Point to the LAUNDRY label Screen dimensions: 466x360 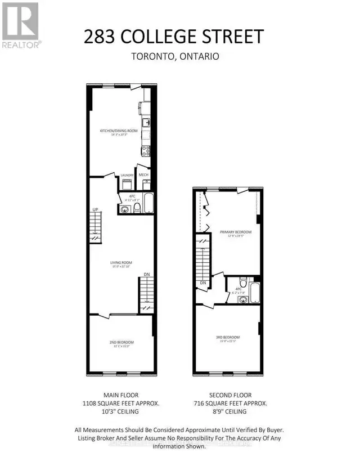pyautogui.click(x=127, y=175)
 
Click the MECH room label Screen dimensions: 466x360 pyautogui.click(x=143, y=175)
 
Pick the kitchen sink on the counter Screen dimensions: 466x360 pyautogui.click(x=146, y=122)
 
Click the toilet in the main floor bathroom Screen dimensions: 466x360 pyautogui.click(x=136, y=209)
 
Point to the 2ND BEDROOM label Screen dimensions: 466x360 pyautogui.click(x=122, y=342)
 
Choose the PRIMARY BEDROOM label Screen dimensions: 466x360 pyautogui.click(x=236, y=232)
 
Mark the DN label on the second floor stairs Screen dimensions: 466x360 pyautogui.click(x=203, y=283)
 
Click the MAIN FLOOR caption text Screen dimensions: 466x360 pyautogui.click(x=121, y=395)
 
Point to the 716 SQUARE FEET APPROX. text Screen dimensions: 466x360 pyautogui.click(x=236, y=404)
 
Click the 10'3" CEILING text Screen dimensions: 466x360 pyautogui.click(x=121, y=412)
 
